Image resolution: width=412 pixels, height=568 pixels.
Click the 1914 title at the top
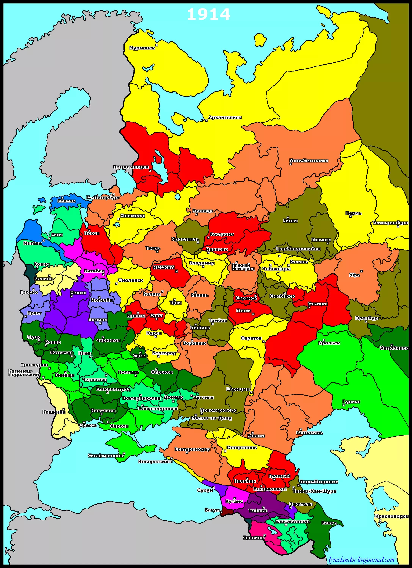click(208, 15)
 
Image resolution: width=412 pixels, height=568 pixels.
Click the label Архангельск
click(225, 117)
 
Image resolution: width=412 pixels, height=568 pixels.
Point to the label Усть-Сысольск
click(309, 161)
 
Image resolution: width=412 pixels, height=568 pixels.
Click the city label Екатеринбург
click(390, 223)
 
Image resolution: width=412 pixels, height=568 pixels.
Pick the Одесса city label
click(88, 425)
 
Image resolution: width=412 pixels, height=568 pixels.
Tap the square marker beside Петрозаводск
click(150, 170)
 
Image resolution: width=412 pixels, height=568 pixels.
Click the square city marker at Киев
click(90, 356)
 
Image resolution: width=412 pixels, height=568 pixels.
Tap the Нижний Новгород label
click(242, 267)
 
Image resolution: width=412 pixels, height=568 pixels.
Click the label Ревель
click(66, 201)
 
